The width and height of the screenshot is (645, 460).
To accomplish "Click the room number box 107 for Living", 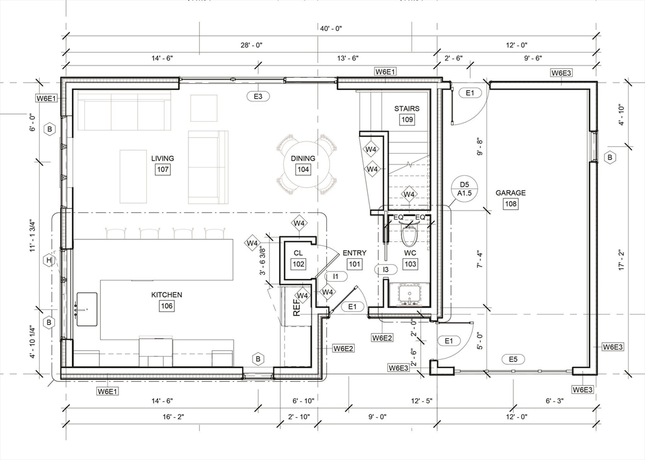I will pyautogui.click(x=163, y=170).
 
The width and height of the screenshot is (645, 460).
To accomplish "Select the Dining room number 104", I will pyautogui.click(x=303, y=170).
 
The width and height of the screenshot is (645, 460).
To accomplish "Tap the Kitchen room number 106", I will pyautogui.click(x=166, y=306).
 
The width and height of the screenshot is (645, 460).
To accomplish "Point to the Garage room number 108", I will pyautogui.click(x=510, y=204).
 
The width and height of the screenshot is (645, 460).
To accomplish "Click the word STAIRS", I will pyautogui.click(x=407, y=108).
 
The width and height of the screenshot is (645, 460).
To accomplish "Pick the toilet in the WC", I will pyautogui.click(x=409, y=234).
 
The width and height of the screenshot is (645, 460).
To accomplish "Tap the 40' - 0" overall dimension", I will pyautogui.click(x=329, y=28).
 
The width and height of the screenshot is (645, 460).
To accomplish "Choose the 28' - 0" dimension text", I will pyautogui.click(x=251, y=45).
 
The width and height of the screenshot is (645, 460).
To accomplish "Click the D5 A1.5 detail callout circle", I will pyautogui.click(x=465, y=189).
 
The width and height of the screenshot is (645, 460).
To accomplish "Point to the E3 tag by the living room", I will pyautogui.click(x=258, y=96).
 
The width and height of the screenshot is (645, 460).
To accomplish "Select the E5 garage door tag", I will pyautogui.click(x=513, y=359).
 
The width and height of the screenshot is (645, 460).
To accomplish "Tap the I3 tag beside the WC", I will pyautogui.click(x=386, y=270).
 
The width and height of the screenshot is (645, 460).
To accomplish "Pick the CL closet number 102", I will pyautogui.click(x=298, y=264).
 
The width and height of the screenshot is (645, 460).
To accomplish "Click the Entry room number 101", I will pyautogui.click(x=354, y=265).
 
